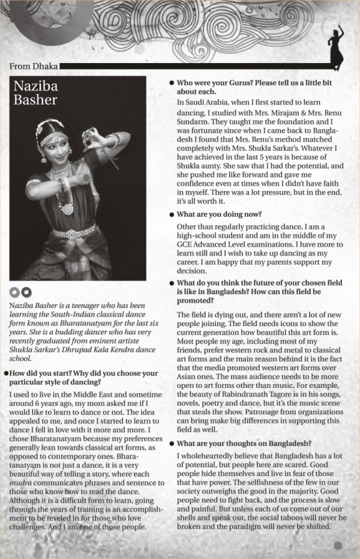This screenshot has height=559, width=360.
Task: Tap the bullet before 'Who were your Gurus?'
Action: [172, 83]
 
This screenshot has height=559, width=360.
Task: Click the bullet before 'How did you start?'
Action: [5, 373]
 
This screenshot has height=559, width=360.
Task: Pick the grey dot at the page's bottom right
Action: [338, 545]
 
